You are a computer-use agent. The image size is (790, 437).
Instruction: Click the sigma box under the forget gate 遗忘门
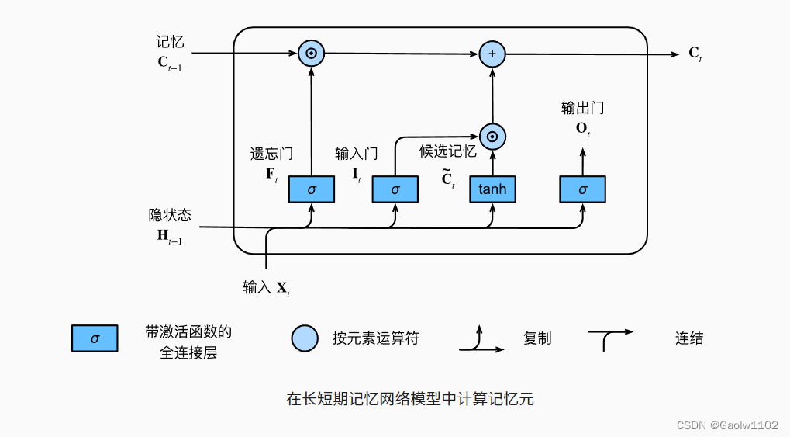[312, 189]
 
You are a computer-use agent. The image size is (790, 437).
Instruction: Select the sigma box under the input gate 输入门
[395, 189]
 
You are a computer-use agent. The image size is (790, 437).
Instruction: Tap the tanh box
[492, 189]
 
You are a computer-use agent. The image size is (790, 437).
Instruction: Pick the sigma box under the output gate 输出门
[583, 189]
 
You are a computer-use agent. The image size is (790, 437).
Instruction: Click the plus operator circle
[492, 54]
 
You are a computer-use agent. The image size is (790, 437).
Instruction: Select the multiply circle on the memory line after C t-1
[311, 54]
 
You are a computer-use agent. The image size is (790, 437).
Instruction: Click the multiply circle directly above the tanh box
[492, 137]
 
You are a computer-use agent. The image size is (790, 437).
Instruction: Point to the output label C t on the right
[695, 54]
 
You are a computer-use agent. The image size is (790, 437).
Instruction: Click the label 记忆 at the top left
[170, 42]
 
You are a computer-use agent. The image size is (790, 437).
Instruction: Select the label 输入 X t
[266, 288]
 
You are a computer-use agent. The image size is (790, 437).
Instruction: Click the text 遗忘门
[271, 154]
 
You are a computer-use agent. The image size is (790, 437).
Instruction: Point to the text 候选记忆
[447, 151]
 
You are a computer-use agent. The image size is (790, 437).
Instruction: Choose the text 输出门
[582, 108]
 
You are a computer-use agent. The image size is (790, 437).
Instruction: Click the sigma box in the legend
[95, 339]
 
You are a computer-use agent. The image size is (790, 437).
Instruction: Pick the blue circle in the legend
[305, 338]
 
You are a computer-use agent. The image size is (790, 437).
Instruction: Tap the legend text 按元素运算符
[376, 339]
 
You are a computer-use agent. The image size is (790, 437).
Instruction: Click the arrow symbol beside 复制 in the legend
[481, 340]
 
